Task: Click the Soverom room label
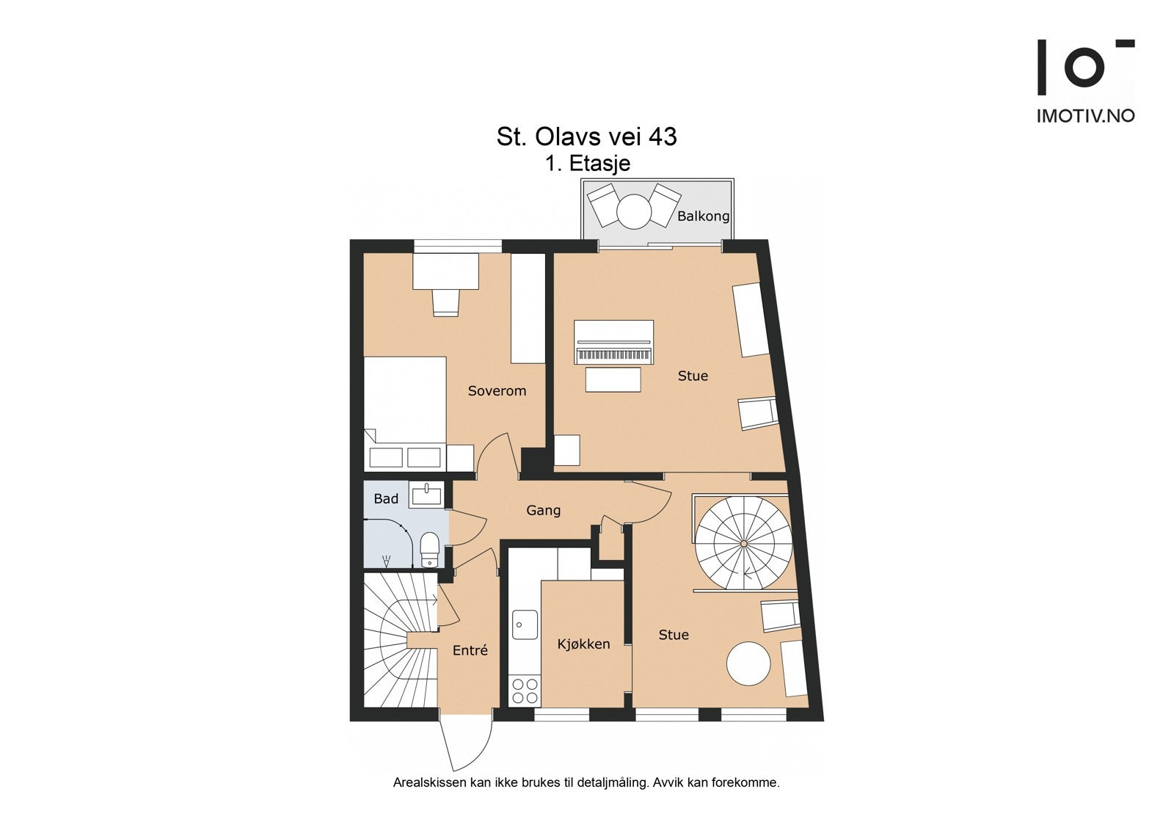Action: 497,391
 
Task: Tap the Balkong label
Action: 703,216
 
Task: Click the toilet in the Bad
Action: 429,547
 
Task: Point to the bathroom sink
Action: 426,496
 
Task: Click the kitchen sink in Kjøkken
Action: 524,625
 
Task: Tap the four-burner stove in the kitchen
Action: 525,691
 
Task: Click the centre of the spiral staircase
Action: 743,543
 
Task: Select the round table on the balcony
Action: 634,211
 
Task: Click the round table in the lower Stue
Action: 749,663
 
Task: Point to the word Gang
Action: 543,510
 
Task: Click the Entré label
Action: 470,650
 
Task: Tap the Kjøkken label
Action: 583,644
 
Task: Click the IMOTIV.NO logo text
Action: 1085,116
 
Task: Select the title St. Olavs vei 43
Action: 586,136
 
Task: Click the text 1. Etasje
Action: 587,163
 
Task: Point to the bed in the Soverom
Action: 405,411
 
